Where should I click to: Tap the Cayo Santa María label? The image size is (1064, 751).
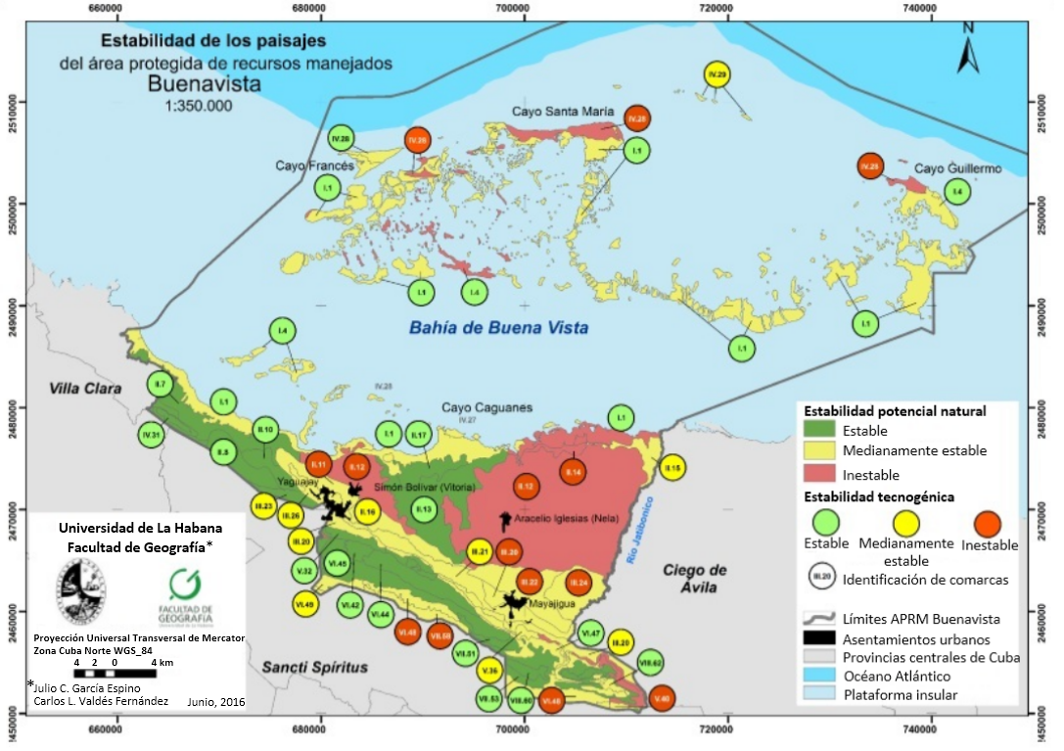point(557,112)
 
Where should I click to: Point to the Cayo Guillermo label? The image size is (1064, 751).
point(957,168)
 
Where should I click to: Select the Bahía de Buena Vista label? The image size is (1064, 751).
point(499,328)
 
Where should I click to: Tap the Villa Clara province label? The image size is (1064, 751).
point(86,389)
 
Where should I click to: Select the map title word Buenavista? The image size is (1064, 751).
point(205,84)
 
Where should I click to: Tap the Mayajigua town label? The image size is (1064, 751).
point(549,604)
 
